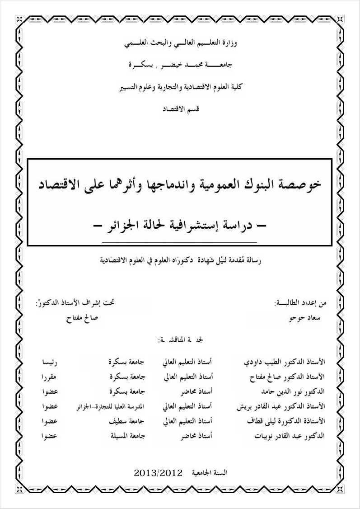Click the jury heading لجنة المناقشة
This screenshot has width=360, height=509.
click(180, 339)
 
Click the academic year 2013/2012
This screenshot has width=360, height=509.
click(158, 472)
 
